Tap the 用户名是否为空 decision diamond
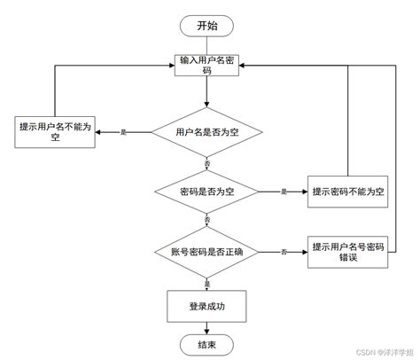click(x=206, y=133)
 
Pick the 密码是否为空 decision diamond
click(x=206, y=192)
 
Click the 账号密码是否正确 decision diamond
click(x=206, y=252)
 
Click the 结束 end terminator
click(x=206, y=344)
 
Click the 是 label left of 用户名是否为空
click(x=123, y=133)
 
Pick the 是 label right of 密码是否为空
click(x=284, y=192)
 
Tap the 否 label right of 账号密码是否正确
click(x=284, y=252)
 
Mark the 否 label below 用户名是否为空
click(x=206, y=165)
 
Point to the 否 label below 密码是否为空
click(x=206, y=219)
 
